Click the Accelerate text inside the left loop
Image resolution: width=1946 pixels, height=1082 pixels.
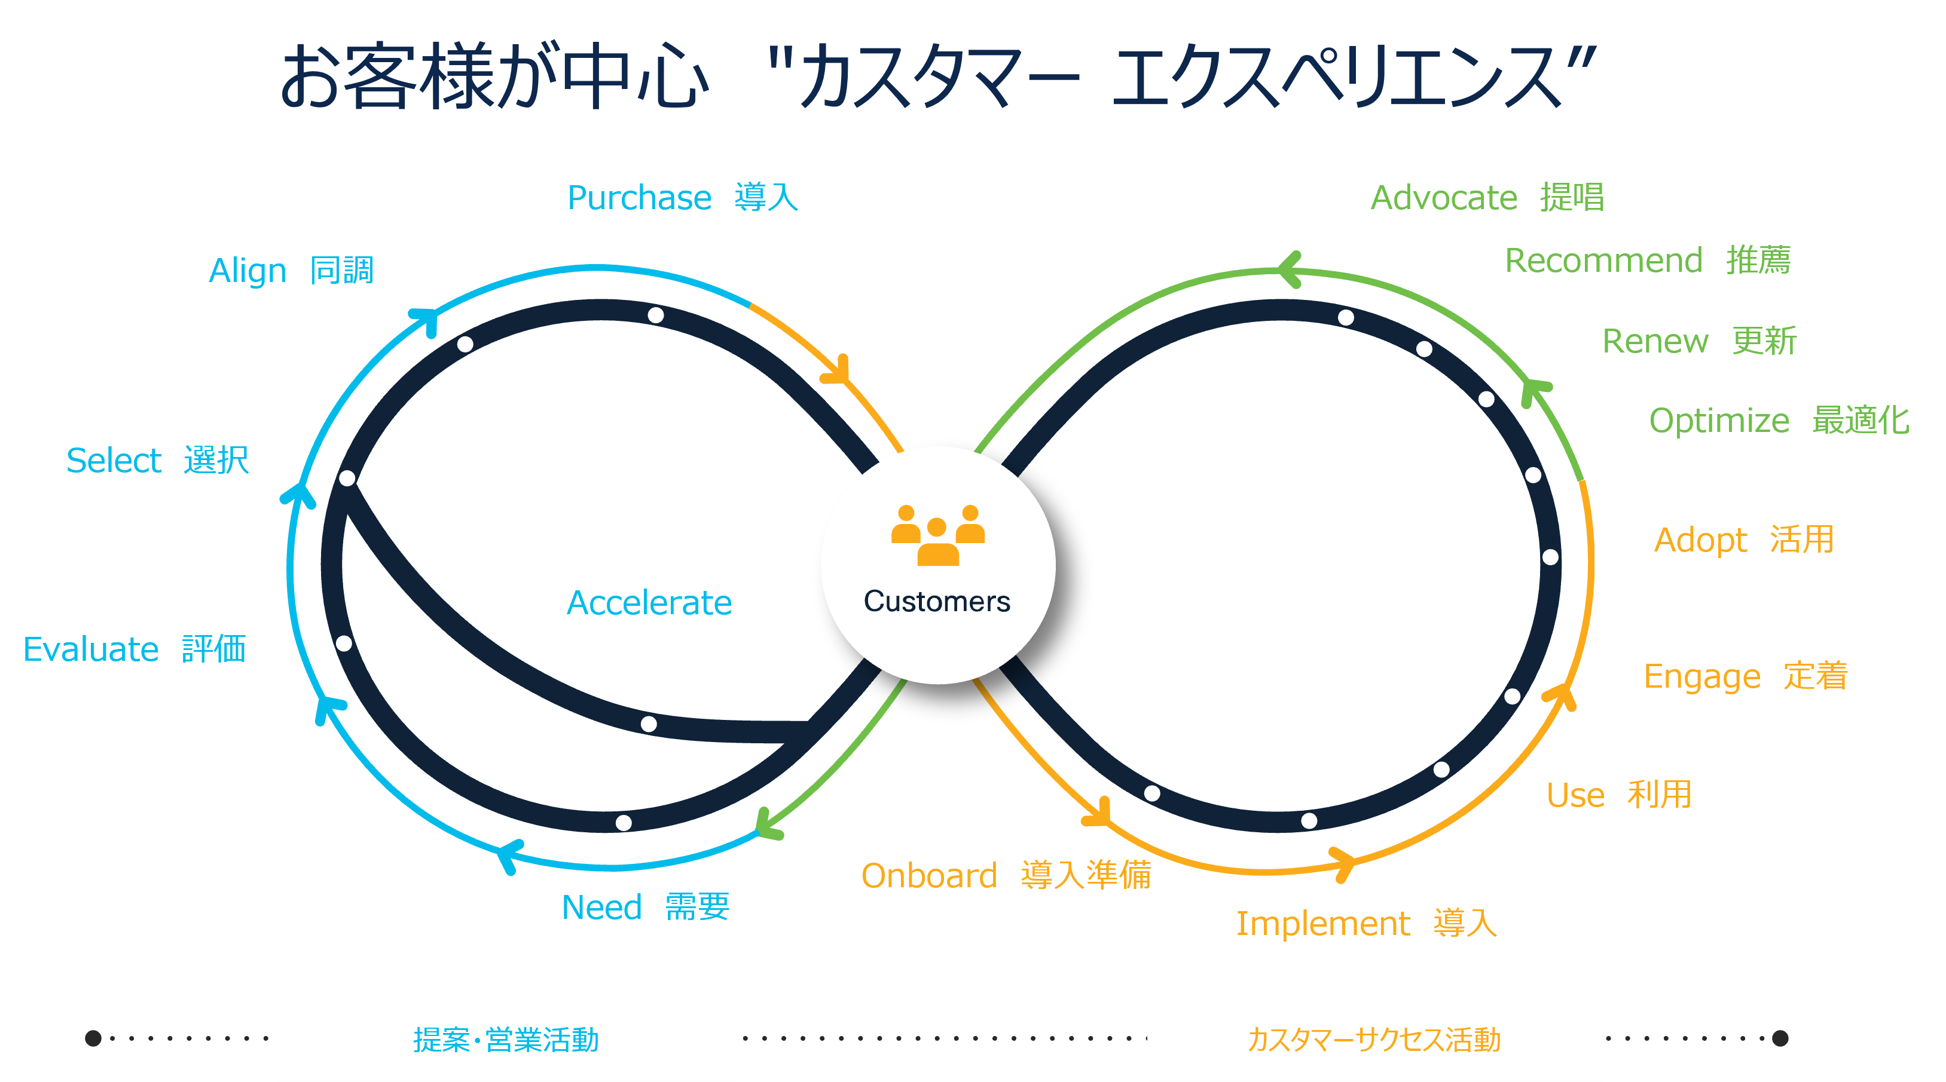click(649, 602)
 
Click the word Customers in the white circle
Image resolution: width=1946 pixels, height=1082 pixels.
click(937, 602)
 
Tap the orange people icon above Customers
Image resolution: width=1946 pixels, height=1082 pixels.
click(937, 535)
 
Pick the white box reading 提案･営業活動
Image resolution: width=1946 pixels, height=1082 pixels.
click(506, 1039)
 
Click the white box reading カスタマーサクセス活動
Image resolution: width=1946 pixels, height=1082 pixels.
click(1374, 1039)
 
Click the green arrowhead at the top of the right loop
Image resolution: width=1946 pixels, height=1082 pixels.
click(1289, 269)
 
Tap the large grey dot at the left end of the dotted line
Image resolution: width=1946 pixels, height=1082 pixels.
click(93, 1038)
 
